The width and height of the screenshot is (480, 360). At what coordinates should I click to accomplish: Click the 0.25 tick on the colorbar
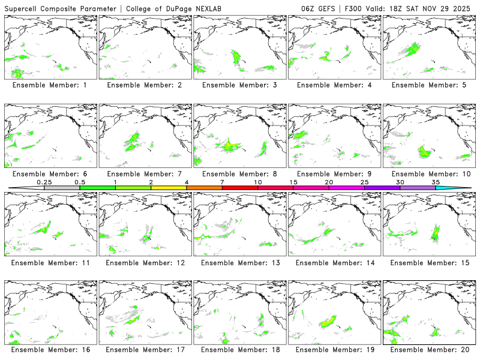click(44, 182)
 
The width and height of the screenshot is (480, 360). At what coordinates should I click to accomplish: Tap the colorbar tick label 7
click(222, 182)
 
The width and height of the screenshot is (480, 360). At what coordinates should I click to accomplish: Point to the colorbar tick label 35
click(436, 182)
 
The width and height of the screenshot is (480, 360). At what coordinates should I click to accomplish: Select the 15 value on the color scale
click(293, 182)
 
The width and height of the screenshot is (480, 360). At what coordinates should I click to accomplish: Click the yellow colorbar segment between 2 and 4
click(169, 188)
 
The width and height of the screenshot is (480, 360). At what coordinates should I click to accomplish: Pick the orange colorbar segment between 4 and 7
click(204, 188)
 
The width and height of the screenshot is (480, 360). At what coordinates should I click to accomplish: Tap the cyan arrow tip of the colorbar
click(462, 188)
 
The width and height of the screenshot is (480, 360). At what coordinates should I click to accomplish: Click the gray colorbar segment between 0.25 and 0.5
click(62, 188)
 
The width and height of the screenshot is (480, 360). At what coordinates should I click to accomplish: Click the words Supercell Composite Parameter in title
click(61, 8)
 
